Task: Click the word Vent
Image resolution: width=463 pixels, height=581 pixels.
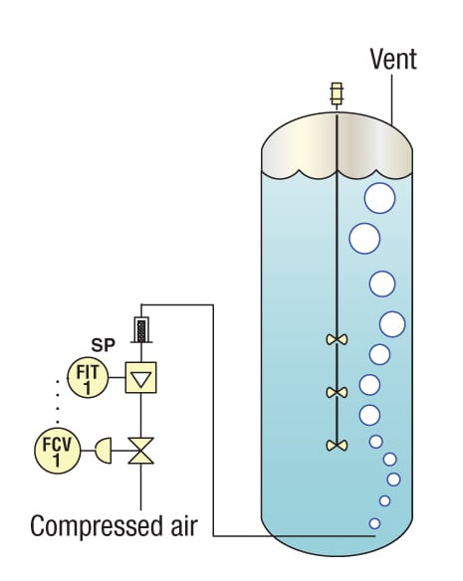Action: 393,60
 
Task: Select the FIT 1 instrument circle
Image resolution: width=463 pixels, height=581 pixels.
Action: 88,378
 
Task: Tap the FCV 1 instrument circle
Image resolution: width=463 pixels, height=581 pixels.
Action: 58,451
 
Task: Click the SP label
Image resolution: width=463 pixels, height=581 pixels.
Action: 103,345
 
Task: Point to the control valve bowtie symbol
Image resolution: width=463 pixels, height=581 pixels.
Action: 141,451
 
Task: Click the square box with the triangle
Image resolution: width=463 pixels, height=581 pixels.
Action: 141,378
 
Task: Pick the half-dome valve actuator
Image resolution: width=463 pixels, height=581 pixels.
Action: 104,451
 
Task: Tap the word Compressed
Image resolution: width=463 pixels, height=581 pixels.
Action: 97,526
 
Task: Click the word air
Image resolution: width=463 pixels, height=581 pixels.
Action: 184,526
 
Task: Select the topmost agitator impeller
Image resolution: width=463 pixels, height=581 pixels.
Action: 337,339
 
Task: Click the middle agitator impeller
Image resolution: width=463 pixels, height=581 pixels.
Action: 337,392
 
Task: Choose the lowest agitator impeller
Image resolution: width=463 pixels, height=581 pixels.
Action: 337,446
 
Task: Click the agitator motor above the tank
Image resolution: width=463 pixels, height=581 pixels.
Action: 337,95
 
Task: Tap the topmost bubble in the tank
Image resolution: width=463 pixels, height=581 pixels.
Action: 379,198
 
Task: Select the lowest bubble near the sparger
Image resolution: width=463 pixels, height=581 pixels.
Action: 374,523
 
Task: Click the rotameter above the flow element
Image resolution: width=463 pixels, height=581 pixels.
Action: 141,329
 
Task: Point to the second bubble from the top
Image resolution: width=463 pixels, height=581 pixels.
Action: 364,239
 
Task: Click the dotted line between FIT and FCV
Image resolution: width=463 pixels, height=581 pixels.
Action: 58,401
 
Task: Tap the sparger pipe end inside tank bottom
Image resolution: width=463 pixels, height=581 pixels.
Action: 374,536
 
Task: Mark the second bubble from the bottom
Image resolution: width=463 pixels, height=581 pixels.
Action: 384,501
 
